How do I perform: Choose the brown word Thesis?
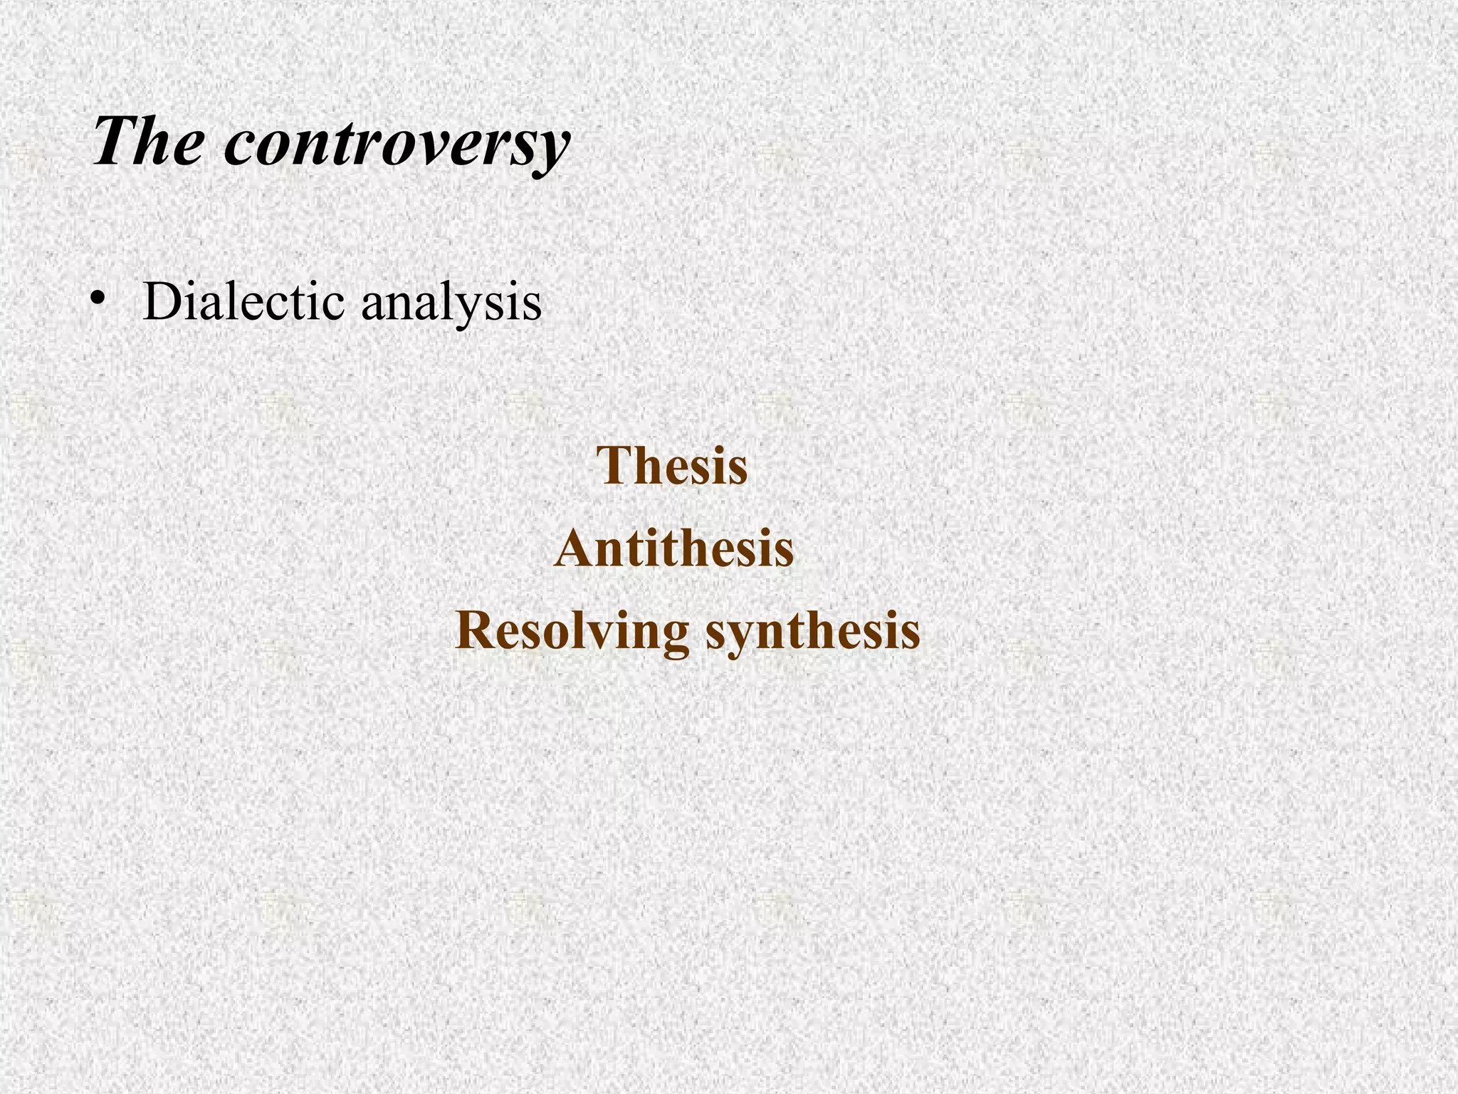pos(673,466)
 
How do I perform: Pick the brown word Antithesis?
pos(673,549)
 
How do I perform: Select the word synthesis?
pos(813,632)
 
